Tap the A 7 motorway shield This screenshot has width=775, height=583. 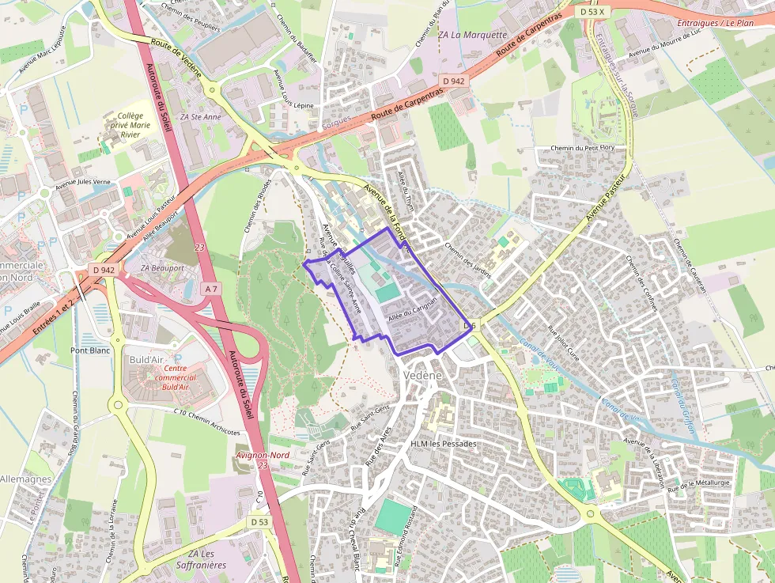point(210,290)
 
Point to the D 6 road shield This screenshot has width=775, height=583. point(470,326)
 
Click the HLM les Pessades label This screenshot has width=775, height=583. point(444,444)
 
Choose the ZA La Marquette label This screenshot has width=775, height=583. point(472,35)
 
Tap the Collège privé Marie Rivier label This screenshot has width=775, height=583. point(129,125)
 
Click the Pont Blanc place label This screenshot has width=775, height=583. point(89,350)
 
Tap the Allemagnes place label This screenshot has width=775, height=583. point(25,479)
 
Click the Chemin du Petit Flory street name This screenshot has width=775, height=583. point(584,150)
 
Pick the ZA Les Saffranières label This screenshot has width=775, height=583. point(207,559)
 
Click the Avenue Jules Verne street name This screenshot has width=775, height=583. point(83,182)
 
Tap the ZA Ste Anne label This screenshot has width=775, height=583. point(201,116)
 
